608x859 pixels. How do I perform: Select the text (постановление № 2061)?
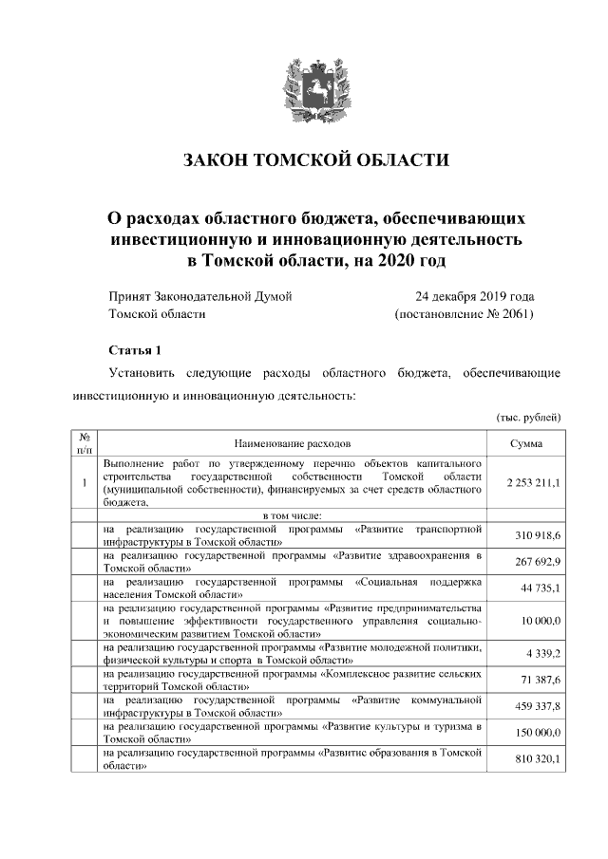[x=464, y=313]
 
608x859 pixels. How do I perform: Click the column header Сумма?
[x=525, y=442]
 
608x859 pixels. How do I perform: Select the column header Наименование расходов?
[x=292, y=442]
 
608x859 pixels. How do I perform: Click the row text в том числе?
[x=292, y=514]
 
